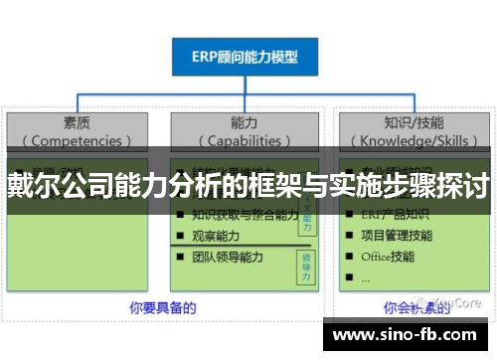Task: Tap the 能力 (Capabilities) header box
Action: (x=248, y=130)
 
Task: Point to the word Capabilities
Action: (x=248, y=140)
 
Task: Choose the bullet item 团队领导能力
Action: (x=227, y=258)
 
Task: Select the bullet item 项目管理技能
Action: (x=396, y=235)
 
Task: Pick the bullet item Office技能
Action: (x=388, y=257)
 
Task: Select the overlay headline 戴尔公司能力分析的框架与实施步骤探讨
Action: (x=248, y=183)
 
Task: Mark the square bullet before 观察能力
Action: (x=179, y=237)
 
